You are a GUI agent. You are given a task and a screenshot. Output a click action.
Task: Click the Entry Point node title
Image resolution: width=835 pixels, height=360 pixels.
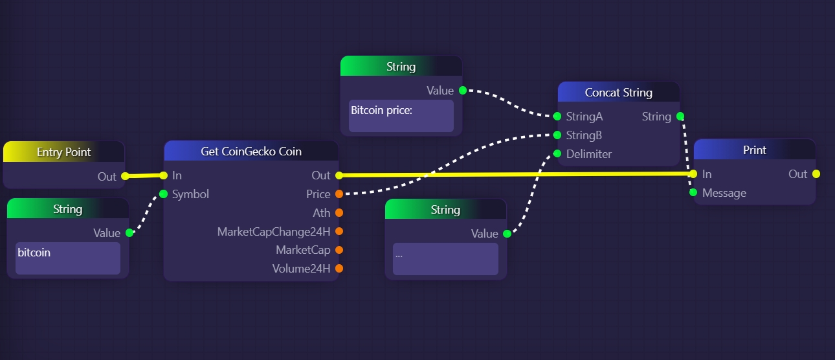point(63,152)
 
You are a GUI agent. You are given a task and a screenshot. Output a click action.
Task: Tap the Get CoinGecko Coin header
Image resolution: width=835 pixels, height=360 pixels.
point(251,152)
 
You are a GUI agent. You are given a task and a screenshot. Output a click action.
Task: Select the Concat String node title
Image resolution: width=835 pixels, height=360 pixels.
point(618,93)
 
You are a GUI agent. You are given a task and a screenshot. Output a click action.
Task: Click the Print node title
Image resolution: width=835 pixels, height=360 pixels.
point(754,150)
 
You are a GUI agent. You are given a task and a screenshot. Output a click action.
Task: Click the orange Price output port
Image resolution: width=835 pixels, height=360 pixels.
point(339,194)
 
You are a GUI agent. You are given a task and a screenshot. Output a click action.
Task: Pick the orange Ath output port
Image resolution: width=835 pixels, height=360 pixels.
point(339,213)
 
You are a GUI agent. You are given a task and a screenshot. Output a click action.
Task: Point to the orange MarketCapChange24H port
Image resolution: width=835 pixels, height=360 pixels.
point(339,231)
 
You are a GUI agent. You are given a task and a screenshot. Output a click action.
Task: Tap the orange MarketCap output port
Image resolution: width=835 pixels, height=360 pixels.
point(339,250)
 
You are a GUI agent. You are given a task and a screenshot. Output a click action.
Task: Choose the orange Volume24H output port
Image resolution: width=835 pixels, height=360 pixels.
point(339,269)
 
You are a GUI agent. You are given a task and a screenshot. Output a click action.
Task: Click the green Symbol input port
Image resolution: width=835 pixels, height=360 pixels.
point(163,194)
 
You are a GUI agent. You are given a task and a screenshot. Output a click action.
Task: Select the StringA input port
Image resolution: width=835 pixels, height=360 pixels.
point(557,117)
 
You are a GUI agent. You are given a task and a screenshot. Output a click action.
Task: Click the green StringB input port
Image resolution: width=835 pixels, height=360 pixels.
point(557,135)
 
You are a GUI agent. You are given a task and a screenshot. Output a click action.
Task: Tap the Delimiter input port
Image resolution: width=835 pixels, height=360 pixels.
point(557,154)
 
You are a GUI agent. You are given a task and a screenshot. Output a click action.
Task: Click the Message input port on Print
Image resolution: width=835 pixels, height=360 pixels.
point(693,193)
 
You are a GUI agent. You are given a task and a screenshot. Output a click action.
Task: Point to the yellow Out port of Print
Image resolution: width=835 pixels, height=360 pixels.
point(816,174)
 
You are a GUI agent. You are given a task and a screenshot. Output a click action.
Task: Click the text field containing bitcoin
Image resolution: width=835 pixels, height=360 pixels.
point(68,258)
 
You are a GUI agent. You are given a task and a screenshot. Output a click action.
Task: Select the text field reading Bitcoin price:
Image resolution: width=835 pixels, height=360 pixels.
point(401,116)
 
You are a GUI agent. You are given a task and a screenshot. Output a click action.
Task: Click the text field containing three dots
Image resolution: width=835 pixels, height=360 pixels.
point(445,259)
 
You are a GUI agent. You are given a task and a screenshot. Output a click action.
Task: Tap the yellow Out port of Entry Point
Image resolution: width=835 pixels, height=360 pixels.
point(125,176)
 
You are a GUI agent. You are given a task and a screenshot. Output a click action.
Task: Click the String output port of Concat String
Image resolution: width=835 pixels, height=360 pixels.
point(680,117)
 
